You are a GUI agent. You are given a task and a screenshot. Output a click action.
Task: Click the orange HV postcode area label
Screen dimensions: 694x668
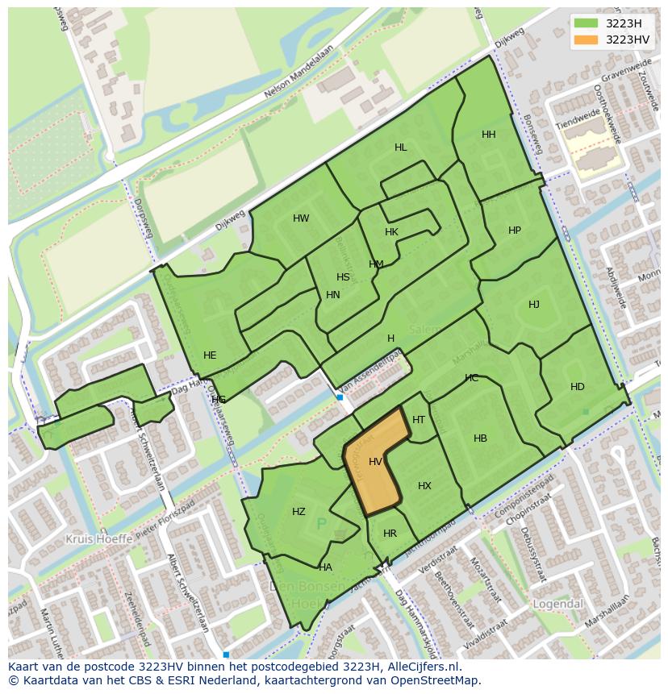pyautogui.click(x=375, y=462)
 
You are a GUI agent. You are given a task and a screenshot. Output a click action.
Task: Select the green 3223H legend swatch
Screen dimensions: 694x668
pyautogui.click(x=587, y=23)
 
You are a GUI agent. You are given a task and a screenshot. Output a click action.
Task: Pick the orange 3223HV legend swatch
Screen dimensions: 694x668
pyautogui.click(x=587, y=39)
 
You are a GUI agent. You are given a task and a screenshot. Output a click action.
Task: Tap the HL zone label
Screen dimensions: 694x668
pyautogui.click(x=401, y=148)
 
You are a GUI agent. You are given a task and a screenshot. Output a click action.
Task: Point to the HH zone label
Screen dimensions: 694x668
pyautogui.click(x=489, y=135)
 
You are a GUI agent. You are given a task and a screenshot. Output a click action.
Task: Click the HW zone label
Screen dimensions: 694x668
pyautogui.click(x=301, y=218)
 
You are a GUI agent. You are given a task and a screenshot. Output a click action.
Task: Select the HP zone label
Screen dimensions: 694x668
pyautogui.click(x=515, y=231)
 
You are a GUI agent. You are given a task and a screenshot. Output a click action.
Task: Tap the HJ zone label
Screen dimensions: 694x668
pyautogui.click(x=534, y=305)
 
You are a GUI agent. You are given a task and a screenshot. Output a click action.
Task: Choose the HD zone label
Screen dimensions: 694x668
pyautogui.click(x=578, y=387)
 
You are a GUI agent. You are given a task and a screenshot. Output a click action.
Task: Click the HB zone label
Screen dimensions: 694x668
pyautogui.click(x=481, y=438)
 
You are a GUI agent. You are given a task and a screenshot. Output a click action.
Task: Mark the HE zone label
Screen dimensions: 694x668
pyautogui.click(x=210, y=355)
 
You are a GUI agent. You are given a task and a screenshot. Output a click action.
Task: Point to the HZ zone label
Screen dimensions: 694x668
pyautogui.click(x=299, y=512)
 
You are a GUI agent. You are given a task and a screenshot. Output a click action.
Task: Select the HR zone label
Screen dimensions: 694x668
pyautogui.click(x=390, y=534)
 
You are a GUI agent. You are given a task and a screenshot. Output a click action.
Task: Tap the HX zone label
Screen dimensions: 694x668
pyautogui.click(x=425, y=486)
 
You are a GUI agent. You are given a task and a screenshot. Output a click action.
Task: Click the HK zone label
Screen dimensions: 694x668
pyautogui.click(x=392, y=232)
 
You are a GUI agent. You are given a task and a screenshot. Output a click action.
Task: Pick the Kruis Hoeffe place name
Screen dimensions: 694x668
pyautogui.click(x=98, y=538)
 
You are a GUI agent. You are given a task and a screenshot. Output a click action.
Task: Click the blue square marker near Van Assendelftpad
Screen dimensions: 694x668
pyautogui.click(x=340, y=397)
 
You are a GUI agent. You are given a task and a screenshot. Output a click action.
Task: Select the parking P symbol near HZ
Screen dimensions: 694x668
pyautogui.click(x=322, y=525)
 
